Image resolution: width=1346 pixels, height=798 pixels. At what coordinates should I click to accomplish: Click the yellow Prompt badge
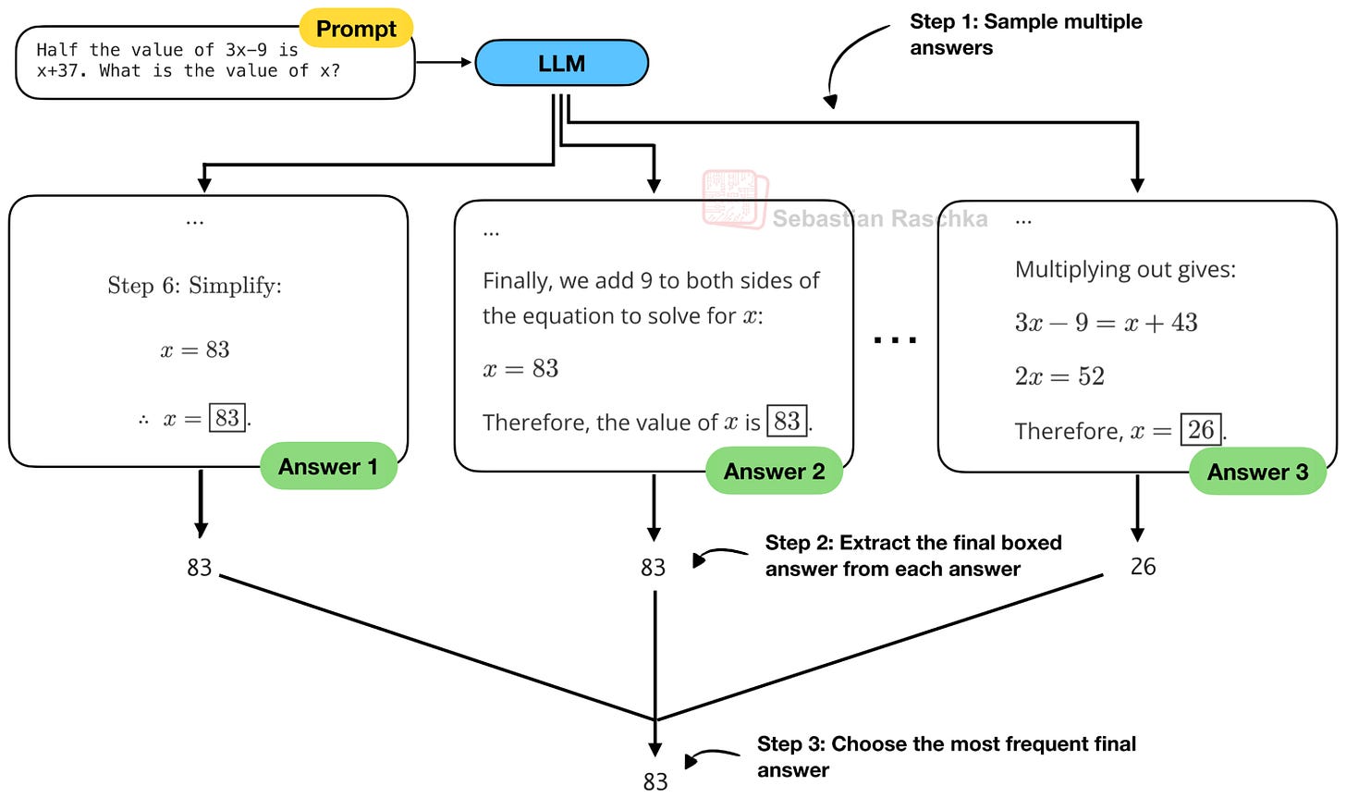(x=356, y=29)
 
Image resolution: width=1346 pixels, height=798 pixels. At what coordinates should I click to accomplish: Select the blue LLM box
(x=562, y=63)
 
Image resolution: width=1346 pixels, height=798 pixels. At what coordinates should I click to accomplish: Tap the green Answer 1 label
(x=328, y=466)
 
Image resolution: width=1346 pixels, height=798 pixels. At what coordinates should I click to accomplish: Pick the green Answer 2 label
(x=774, y=471)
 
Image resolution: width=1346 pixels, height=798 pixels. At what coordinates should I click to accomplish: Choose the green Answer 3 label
(x=1257, y=472)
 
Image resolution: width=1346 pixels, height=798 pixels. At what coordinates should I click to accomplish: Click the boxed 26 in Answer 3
(x=1201, y=430)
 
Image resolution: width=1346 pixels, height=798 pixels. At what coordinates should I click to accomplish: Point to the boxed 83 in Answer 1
(x=227, y=418)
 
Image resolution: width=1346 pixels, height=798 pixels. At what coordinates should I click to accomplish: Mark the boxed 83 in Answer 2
(x=787, y=421)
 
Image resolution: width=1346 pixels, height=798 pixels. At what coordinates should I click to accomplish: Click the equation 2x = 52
(x=1059, y=376)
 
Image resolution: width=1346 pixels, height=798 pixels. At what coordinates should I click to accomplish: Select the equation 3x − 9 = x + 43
(x=1107, y=323)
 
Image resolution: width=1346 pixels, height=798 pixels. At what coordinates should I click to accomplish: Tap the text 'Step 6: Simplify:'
(x=195, y=286)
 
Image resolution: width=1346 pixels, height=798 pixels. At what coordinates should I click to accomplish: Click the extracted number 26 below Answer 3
(x=1143, y=566)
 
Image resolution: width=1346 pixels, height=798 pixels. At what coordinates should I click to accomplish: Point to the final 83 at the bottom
(x=655, y=781)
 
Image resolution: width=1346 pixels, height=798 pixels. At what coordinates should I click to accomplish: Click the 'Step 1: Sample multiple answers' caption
(x=1026, y=34)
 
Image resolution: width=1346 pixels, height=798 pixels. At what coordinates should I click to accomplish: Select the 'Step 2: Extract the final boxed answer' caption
(x=913, y=556)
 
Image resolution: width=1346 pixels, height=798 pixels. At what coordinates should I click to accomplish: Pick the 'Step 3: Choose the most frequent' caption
(x=947, y=756)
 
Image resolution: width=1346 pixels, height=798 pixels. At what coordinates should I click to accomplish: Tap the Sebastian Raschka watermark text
(x=880, y=218)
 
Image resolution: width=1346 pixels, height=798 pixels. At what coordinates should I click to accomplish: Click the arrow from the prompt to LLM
(x=444, y=62)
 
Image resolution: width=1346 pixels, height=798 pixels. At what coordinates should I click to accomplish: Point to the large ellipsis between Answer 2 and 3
(x=895, y=340)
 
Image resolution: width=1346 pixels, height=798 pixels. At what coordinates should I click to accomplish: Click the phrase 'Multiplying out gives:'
(x=1125, y=269)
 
